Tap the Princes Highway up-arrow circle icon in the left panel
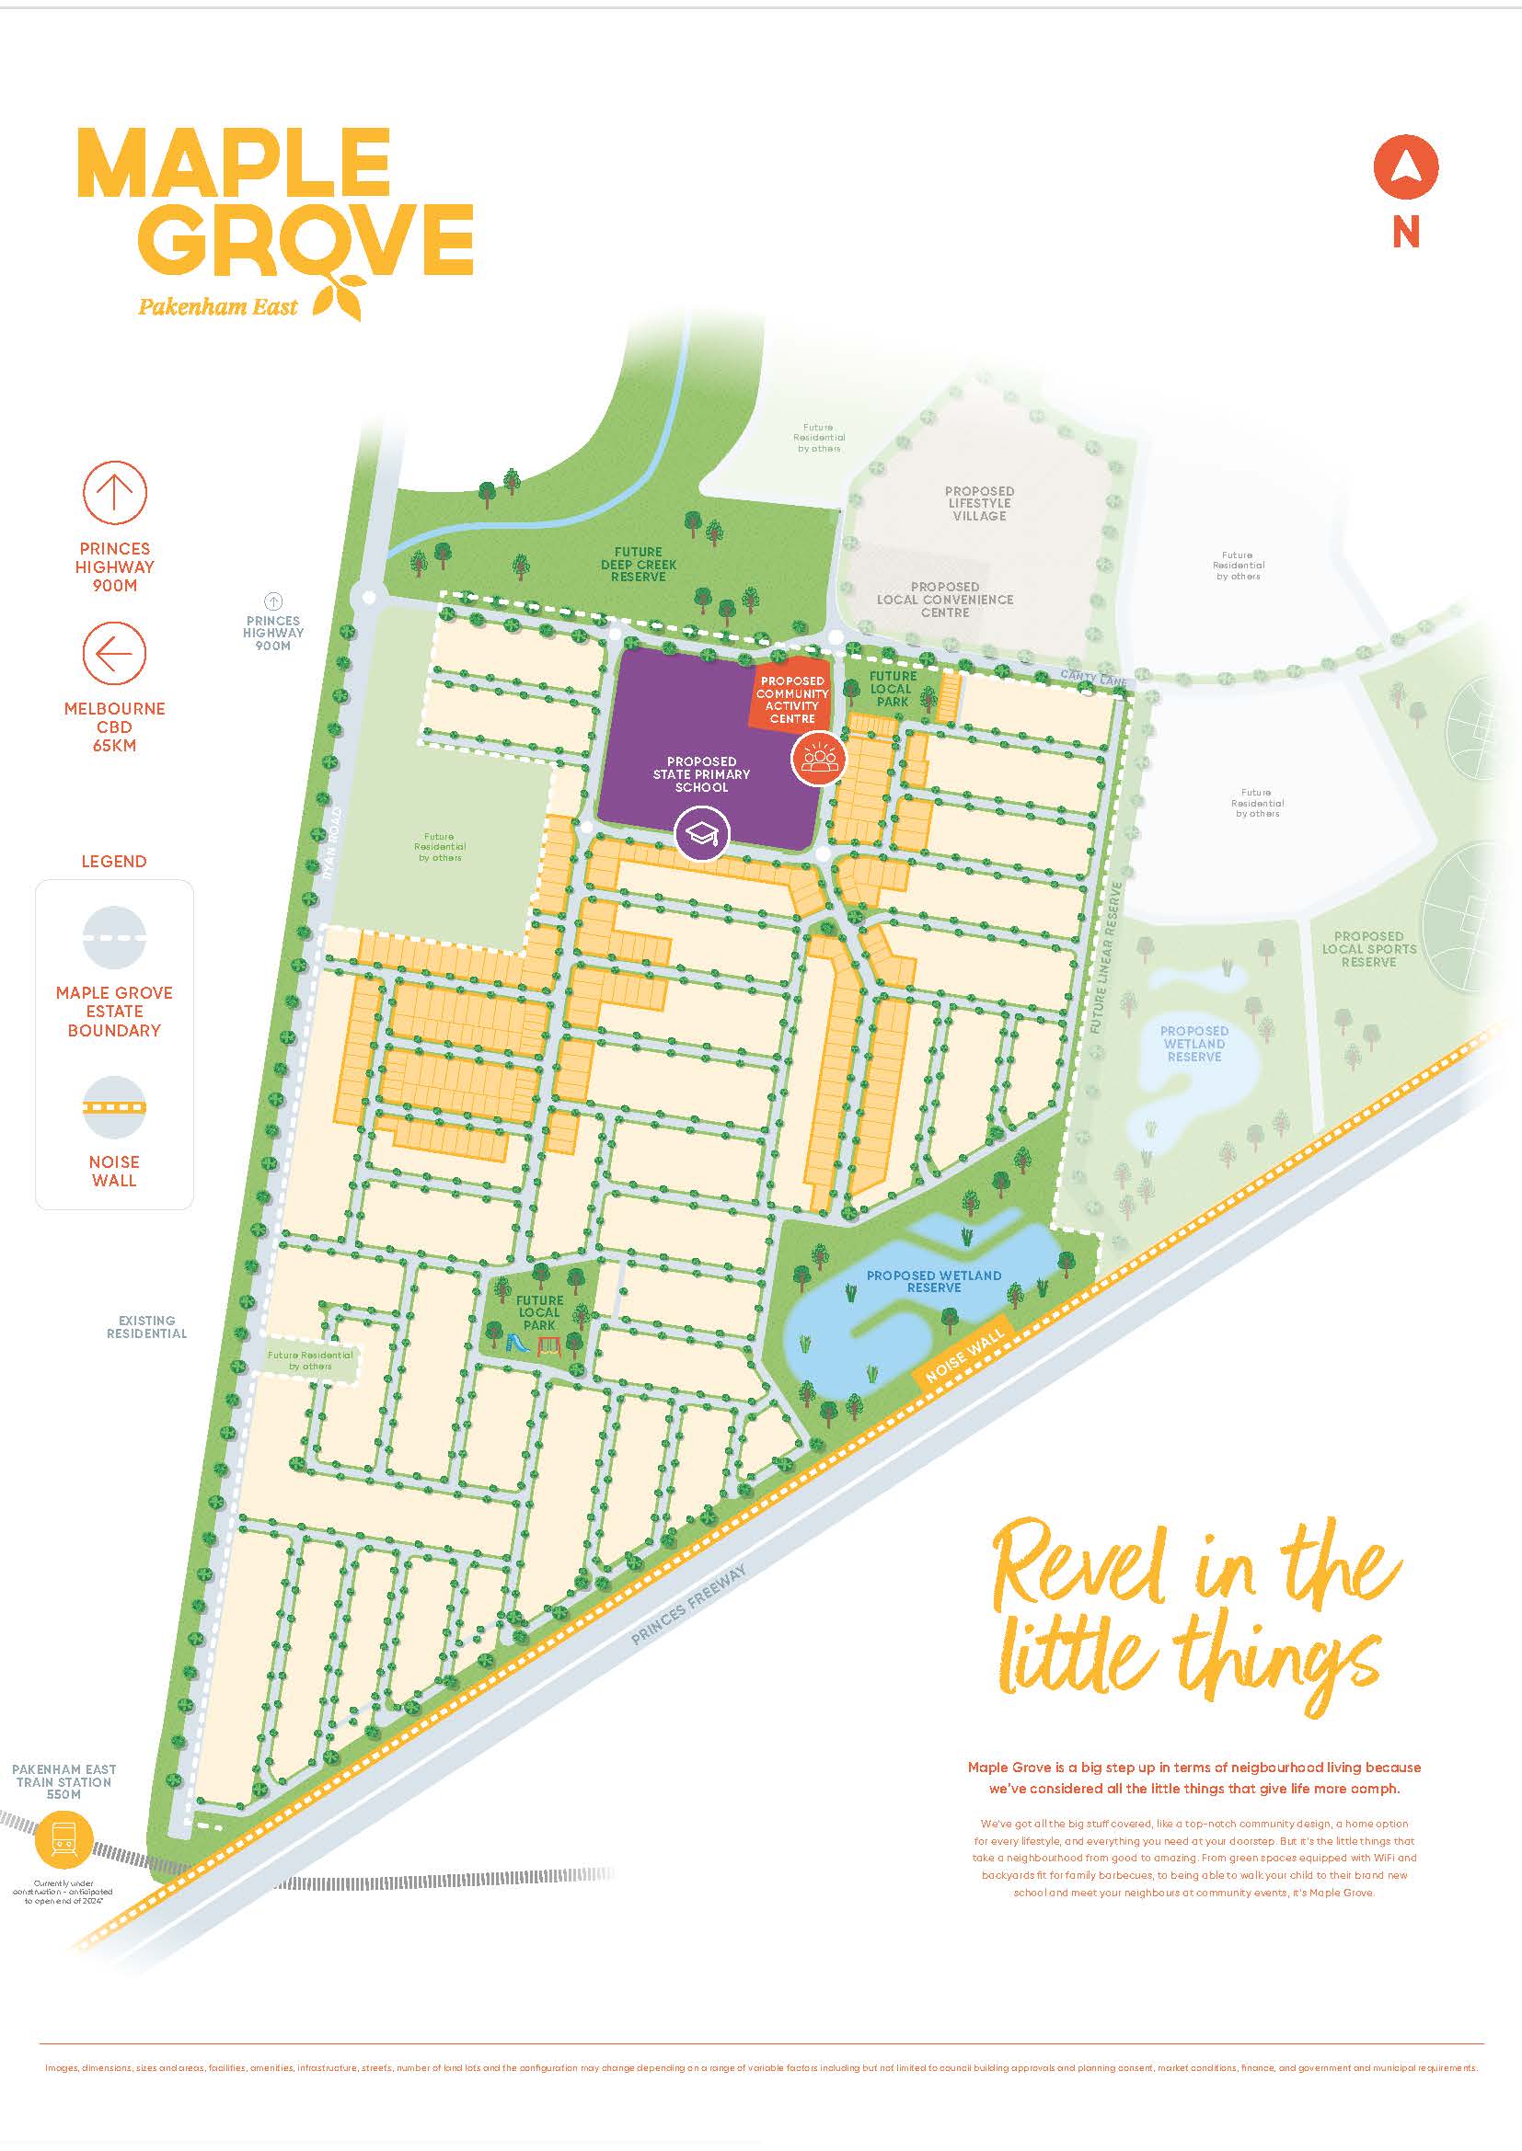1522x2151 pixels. [x=114, y=493]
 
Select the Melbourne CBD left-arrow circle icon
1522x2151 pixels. [x=114, y=653]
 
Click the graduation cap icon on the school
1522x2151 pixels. [x=701, y=833]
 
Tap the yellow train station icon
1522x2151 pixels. [x=63, y=1842]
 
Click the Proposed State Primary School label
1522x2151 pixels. [x=701, y=774]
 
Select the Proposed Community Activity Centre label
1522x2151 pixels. [x=792, y=700]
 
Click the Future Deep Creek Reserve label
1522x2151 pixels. [x=639, y=564]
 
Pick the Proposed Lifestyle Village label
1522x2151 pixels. [x=978, y=503]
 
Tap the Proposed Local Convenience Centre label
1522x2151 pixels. [x=945, y=600]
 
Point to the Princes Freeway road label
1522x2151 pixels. [x=688, y=1605]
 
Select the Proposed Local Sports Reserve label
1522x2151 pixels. [x=1368, y=948]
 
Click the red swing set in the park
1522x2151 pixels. [x=548, y=1344]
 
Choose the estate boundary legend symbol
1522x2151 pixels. [x=114, y=936]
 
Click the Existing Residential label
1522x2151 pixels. [x=146, y=1327]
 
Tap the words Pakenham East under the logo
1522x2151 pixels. [x=217, y=306]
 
